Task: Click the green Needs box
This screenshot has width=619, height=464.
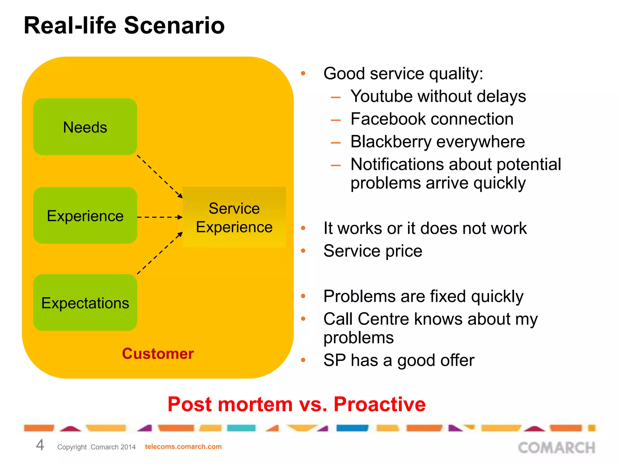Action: [x=85, y=127]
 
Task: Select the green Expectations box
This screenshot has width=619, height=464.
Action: [x=85, y=303]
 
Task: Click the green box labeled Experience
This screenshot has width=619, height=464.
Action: [x=85, y=216]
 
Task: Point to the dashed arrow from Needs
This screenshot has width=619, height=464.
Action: [x=160, y=176]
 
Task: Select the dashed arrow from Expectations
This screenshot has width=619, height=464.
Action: [x=160, y=253]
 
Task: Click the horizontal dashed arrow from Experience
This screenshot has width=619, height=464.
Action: [x=160, y=217]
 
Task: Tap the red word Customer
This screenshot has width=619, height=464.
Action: [x=158, y=354]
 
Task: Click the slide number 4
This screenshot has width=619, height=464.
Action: [x=40, y=445]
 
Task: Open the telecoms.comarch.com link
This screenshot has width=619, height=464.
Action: [x=183, y=446]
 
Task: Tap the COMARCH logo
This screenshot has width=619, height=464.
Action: [x=556, y=448]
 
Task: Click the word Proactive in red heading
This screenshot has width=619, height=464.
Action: [x=379, y=404]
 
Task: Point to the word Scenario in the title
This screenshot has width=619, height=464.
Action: [x=174, y=25]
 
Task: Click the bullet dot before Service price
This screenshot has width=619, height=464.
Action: [x=303, y=251]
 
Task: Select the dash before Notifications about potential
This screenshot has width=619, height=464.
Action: [x=336, y=165]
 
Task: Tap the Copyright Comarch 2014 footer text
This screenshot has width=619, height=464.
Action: [x=96, y=447]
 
